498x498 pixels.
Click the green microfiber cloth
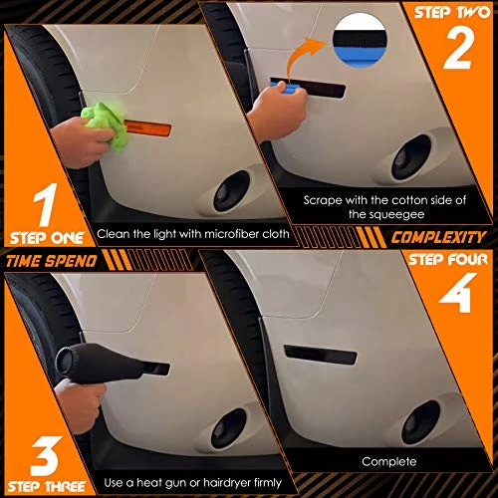click(x=105, y=124)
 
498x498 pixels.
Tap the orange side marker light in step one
click(x=148, y=128)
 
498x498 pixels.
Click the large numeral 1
click(x=46, y=204)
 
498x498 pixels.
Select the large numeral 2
click(x=458, y=48)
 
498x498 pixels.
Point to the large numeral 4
click(x=457, y=293)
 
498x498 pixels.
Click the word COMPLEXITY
click(x=438, y=237)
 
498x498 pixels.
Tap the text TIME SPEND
click(x=52, y=261)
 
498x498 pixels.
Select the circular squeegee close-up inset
click(x=360, y=41)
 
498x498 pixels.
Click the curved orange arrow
click(x=301, y=57)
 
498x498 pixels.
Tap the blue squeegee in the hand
click(x=285, y=88)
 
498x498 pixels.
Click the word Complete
click(x=389, y=461)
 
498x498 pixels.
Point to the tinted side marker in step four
click(x=321, y=355)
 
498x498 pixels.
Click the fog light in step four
click(x=420, y=422)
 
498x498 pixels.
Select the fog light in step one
click(x=231, y=191)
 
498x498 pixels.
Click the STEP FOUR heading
click(x=448, y=260)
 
